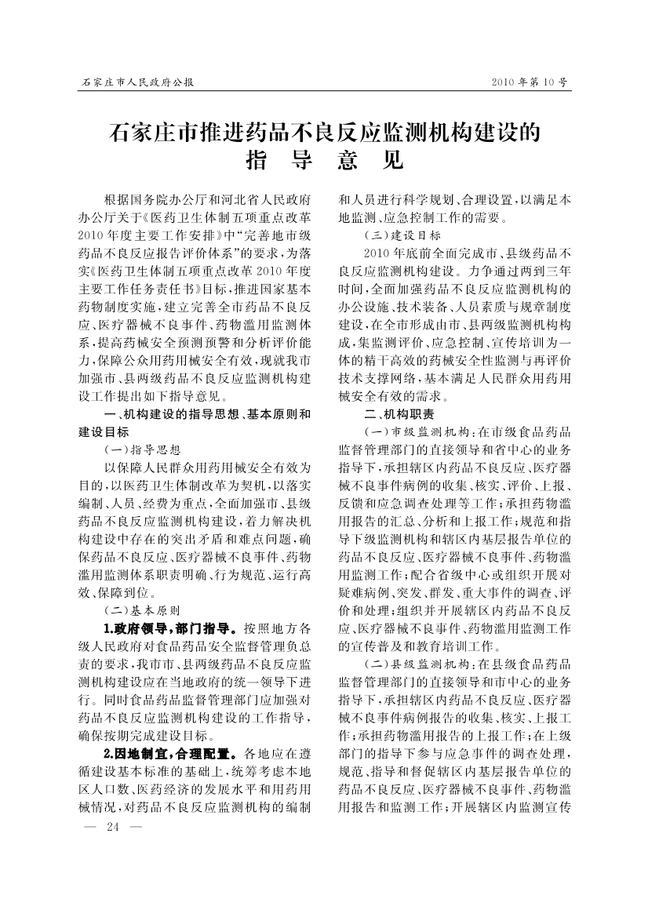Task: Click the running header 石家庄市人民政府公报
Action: tap(138, 82)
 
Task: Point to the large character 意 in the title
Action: tap(347, 161)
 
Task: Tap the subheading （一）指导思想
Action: tap(142, 450)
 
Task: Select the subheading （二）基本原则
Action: tap(142, 610)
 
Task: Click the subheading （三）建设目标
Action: tap(402, 235)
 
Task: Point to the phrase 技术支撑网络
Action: tap(377, 379)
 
